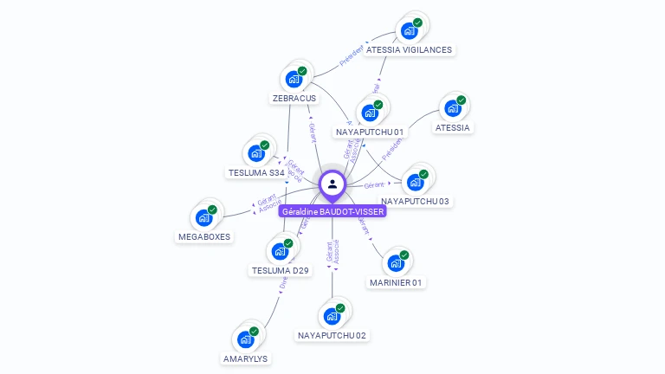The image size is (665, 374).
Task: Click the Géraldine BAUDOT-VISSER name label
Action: click(x=332, y=211)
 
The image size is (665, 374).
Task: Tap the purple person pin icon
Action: click(x=332, y=184)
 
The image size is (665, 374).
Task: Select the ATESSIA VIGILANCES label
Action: click(x=409, y=50)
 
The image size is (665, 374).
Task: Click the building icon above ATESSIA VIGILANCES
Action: click(x=409, y=31)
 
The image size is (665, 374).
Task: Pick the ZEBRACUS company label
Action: click(x=294, y=99)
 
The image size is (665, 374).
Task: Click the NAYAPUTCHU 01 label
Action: click(x=370, y=132)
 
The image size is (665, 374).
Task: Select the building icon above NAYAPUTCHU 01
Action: click(x=370, y=113)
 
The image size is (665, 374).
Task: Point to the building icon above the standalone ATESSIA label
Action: click(x=452, y=109)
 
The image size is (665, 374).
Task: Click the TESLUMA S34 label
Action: click(x=256, y=173)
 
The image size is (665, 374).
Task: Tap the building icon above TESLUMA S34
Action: click(x=255, y=154)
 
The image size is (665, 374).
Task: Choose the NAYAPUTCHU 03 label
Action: click(x=416, y=202)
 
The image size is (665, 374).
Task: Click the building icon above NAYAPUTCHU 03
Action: click(x=415, y=183)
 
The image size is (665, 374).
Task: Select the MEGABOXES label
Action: click(x=205, y=236)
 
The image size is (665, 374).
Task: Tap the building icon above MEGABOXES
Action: click(x=204, y=217)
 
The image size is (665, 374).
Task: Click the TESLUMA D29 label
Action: click(x=280, y=271)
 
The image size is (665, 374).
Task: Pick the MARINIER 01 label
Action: click(x=396, y=283)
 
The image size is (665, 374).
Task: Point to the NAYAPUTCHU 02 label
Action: click(x=332, y=336)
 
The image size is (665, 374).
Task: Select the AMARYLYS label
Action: click(x=246, y=358)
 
